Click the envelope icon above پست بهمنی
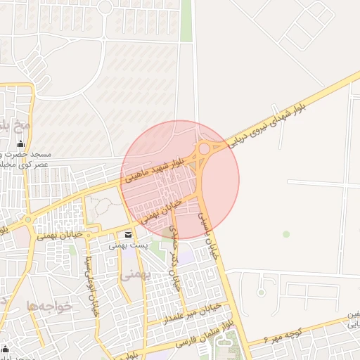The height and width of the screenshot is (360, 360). click(x=128, y=234)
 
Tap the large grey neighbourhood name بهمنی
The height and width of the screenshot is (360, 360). click(x=131, y=275)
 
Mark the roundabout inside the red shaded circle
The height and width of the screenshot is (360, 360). click(x=205, y=148)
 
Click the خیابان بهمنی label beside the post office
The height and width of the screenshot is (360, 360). click(x=60, y=227)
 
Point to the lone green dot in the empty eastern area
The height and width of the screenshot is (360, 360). click(x=285, y=233)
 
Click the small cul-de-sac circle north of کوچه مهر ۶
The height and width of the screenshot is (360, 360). click(x=261, y=290)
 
